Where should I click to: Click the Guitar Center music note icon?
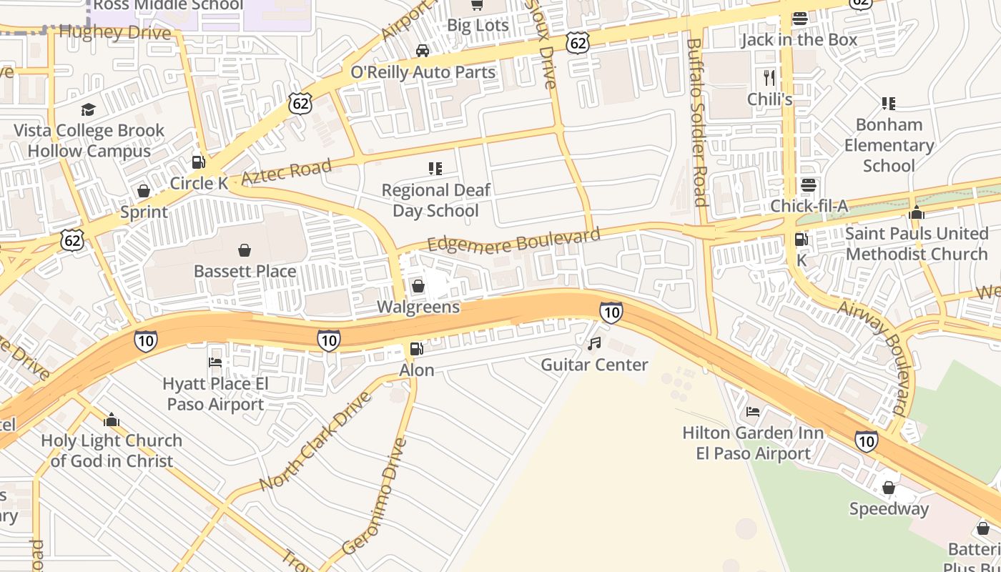pos(594,344)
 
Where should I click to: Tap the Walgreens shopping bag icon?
pos(418,287)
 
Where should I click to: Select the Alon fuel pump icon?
pos(416,349)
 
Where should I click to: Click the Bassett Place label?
pos(245,271)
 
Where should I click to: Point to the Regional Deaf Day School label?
pos(435,200)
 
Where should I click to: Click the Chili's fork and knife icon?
pos(769,77)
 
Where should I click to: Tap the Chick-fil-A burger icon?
pos(809,185)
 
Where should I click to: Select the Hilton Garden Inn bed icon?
pos(753,412)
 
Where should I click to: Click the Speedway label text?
pos(889,509)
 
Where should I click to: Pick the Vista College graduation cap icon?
pos(89,109)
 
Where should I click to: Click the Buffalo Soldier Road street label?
pos(697,122)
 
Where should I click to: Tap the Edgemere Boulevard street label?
pos(513,241)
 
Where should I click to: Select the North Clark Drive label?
pos(315,441)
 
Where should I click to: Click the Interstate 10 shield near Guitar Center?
pos(611,312)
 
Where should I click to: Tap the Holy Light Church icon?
pos(111,419)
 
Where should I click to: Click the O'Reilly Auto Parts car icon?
pos(423,51)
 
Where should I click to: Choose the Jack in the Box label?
pos(799,39)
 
